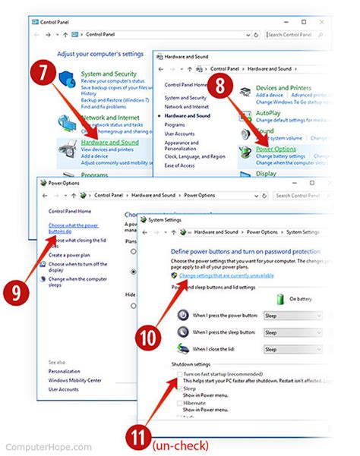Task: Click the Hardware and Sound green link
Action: tap(109, 142)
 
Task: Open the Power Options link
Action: tap(276, 149)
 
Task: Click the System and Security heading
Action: tap(108, 74)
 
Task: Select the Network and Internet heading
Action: tap(109, 118)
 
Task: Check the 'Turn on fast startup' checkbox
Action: tap(179, 375)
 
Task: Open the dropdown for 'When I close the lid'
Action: tap(292, 349)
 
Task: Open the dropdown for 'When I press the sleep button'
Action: tap(292, 332)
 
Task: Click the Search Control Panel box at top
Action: tap(298, 34)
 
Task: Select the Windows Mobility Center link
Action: tap(74, 379)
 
